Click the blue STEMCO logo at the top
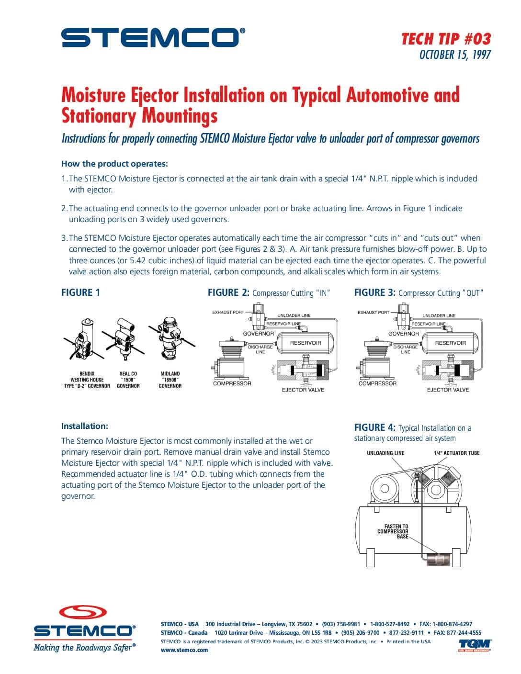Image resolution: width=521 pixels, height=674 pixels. (x=153, y=37)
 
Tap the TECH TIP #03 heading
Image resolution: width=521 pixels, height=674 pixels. (x=446, y=39)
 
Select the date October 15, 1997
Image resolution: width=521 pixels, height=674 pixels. (x=455, y=55)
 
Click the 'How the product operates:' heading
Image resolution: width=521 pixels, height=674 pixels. (x=114, y=163)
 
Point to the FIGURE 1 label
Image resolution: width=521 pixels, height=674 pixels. (x=80, y=292)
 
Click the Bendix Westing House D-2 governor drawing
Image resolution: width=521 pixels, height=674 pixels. (x=84, y=339)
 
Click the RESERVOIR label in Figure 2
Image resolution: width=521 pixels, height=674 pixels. (x=306, y=343)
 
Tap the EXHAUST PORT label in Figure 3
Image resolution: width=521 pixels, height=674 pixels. (x=374, y=312)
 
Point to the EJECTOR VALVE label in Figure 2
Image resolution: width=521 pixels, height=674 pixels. (x=303, y=390)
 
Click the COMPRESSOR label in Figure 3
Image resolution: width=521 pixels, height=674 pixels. (x=377, y=383)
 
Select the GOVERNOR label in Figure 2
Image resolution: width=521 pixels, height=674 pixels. (x=259, y=334)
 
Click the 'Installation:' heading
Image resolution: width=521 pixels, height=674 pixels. (x=85, y=426)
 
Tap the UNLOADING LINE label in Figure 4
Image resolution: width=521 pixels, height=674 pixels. (x=385, y=453)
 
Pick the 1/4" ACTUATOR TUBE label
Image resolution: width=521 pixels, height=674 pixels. (x=456, y=453)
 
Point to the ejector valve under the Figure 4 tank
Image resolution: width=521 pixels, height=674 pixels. (x=437, y=560)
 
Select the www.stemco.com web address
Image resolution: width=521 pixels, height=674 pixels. (x=184, y=650)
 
